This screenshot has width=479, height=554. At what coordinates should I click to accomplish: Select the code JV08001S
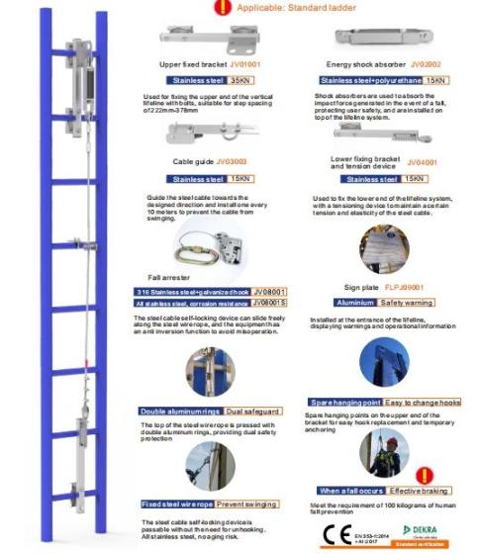(x=269, y=303)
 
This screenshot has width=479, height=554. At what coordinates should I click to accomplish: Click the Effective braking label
(x=417, y=491)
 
